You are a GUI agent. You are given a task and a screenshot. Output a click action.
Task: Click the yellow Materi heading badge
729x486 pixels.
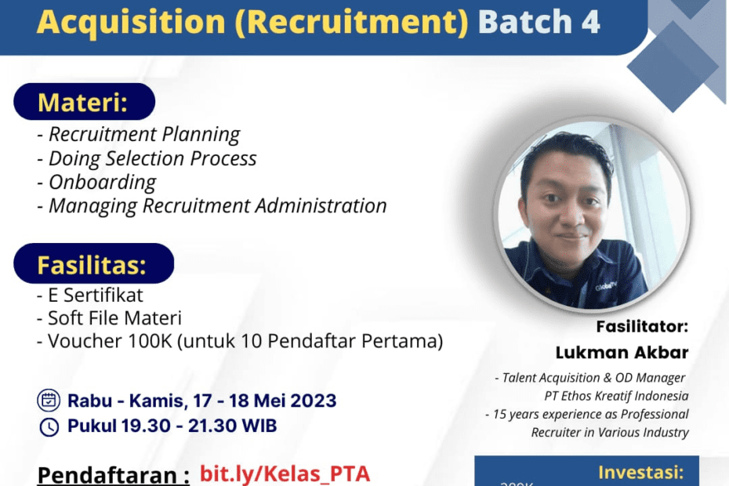tap(83, 102)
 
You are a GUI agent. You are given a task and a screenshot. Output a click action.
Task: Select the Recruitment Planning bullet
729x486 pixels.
tap(139, 135)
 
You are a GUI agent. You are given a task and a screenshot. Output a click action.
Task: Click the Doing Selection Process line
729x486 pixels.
tap(147, 158)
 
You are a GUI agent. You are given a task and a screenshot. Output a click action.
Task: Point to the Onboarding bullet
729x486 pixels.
tap(96, 182)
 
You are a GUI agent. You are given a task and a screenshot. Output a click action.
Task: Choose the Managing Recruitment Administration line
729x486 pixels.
tap(212, 206)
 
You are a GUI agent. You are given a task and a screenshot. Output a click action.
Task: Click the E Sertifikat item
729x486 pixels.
tap(90, 296)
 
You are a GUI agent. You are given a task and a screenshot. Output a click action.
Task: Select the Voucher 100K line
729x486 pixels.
tap(240, 342)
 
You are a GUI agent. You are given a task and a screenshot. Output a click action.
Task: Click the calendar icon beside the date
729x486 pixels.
tap(49, 401)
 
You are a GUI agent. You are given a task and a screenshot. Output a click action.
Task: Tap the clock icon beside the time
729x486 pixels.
tap(49, 427)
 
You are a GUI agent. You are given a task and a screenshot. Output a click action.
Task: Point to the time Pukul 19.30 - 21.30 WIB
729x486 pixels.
tap(172, 427)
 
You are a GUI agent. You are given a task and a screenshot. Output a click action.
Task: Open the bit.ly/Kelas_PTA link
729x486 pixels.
tap(285, 474)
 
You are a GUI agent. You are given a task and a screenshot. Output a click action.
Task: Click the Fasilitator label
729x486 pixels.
tap(641, 326)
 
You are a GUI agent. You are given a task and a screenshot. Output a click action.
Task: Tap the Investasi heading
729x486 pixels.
tap(641, 473)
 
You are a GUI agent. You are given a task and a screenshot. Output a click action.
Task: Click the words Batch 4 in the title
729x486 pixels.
tap(539, 23)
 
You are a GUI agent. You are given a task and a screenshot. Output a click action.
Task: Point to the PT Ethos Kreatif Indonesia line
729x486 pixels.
tap(617, 396)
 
